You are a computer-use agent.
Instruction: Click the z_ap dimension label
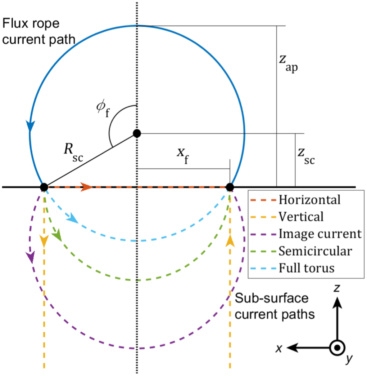point(289,65)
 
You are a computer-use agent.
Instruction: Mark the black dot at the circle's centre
point(136,133)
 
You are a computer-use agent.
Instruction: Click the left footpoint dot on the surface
point(44,187)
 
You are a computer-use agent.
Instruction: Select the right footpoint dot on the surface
point(230,187)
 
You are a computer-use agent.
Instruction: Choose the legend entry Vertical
point(301,217)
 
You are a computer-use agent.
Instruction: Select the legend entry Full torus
point(307,268)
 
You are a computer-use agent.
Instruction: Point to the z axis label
point(337,288)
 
